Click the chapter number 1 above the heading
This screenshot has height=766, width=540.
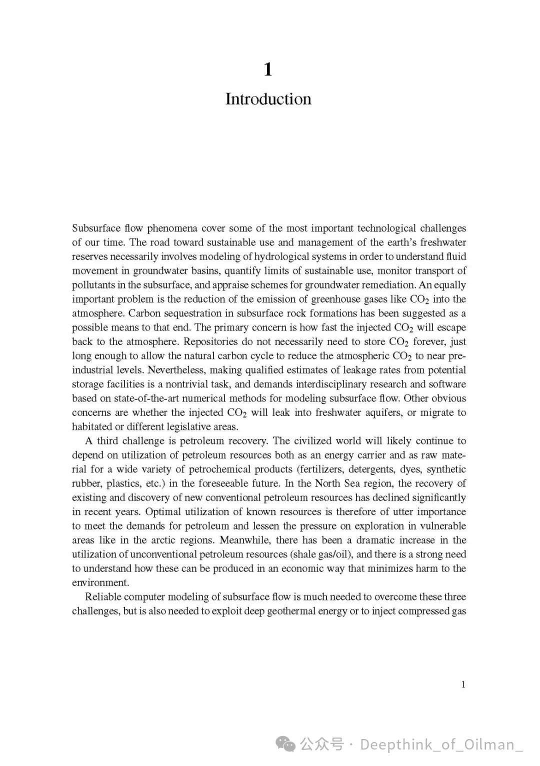click(268, 69)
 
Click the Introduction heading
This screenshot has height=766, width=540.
click(268, 99)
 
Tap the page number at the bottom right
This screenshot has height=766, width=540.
click(463, 684)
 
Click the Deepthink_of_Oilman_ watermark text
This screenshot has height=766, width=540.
click(441, 744)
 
